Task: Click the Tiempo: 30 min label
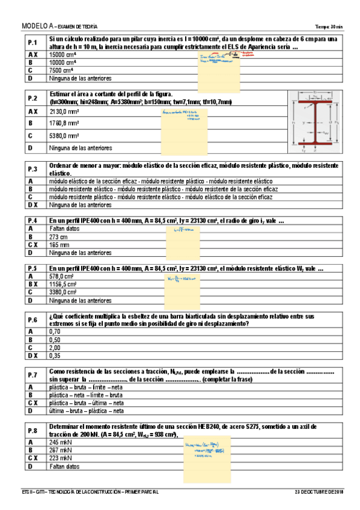328,27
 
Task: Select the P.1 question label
32,43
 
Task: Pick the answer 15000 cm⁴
63,54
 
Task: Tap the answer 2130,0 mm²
64,112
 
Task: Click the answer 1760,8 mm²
64,123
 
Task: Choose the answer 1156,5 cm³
65,284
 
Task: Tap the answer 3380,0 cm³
65,292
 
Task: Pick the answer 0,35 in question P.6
55,355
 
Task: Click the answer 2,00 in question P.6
55,347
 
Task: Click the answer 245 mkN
61,442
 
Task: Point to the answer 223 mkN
61,458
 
